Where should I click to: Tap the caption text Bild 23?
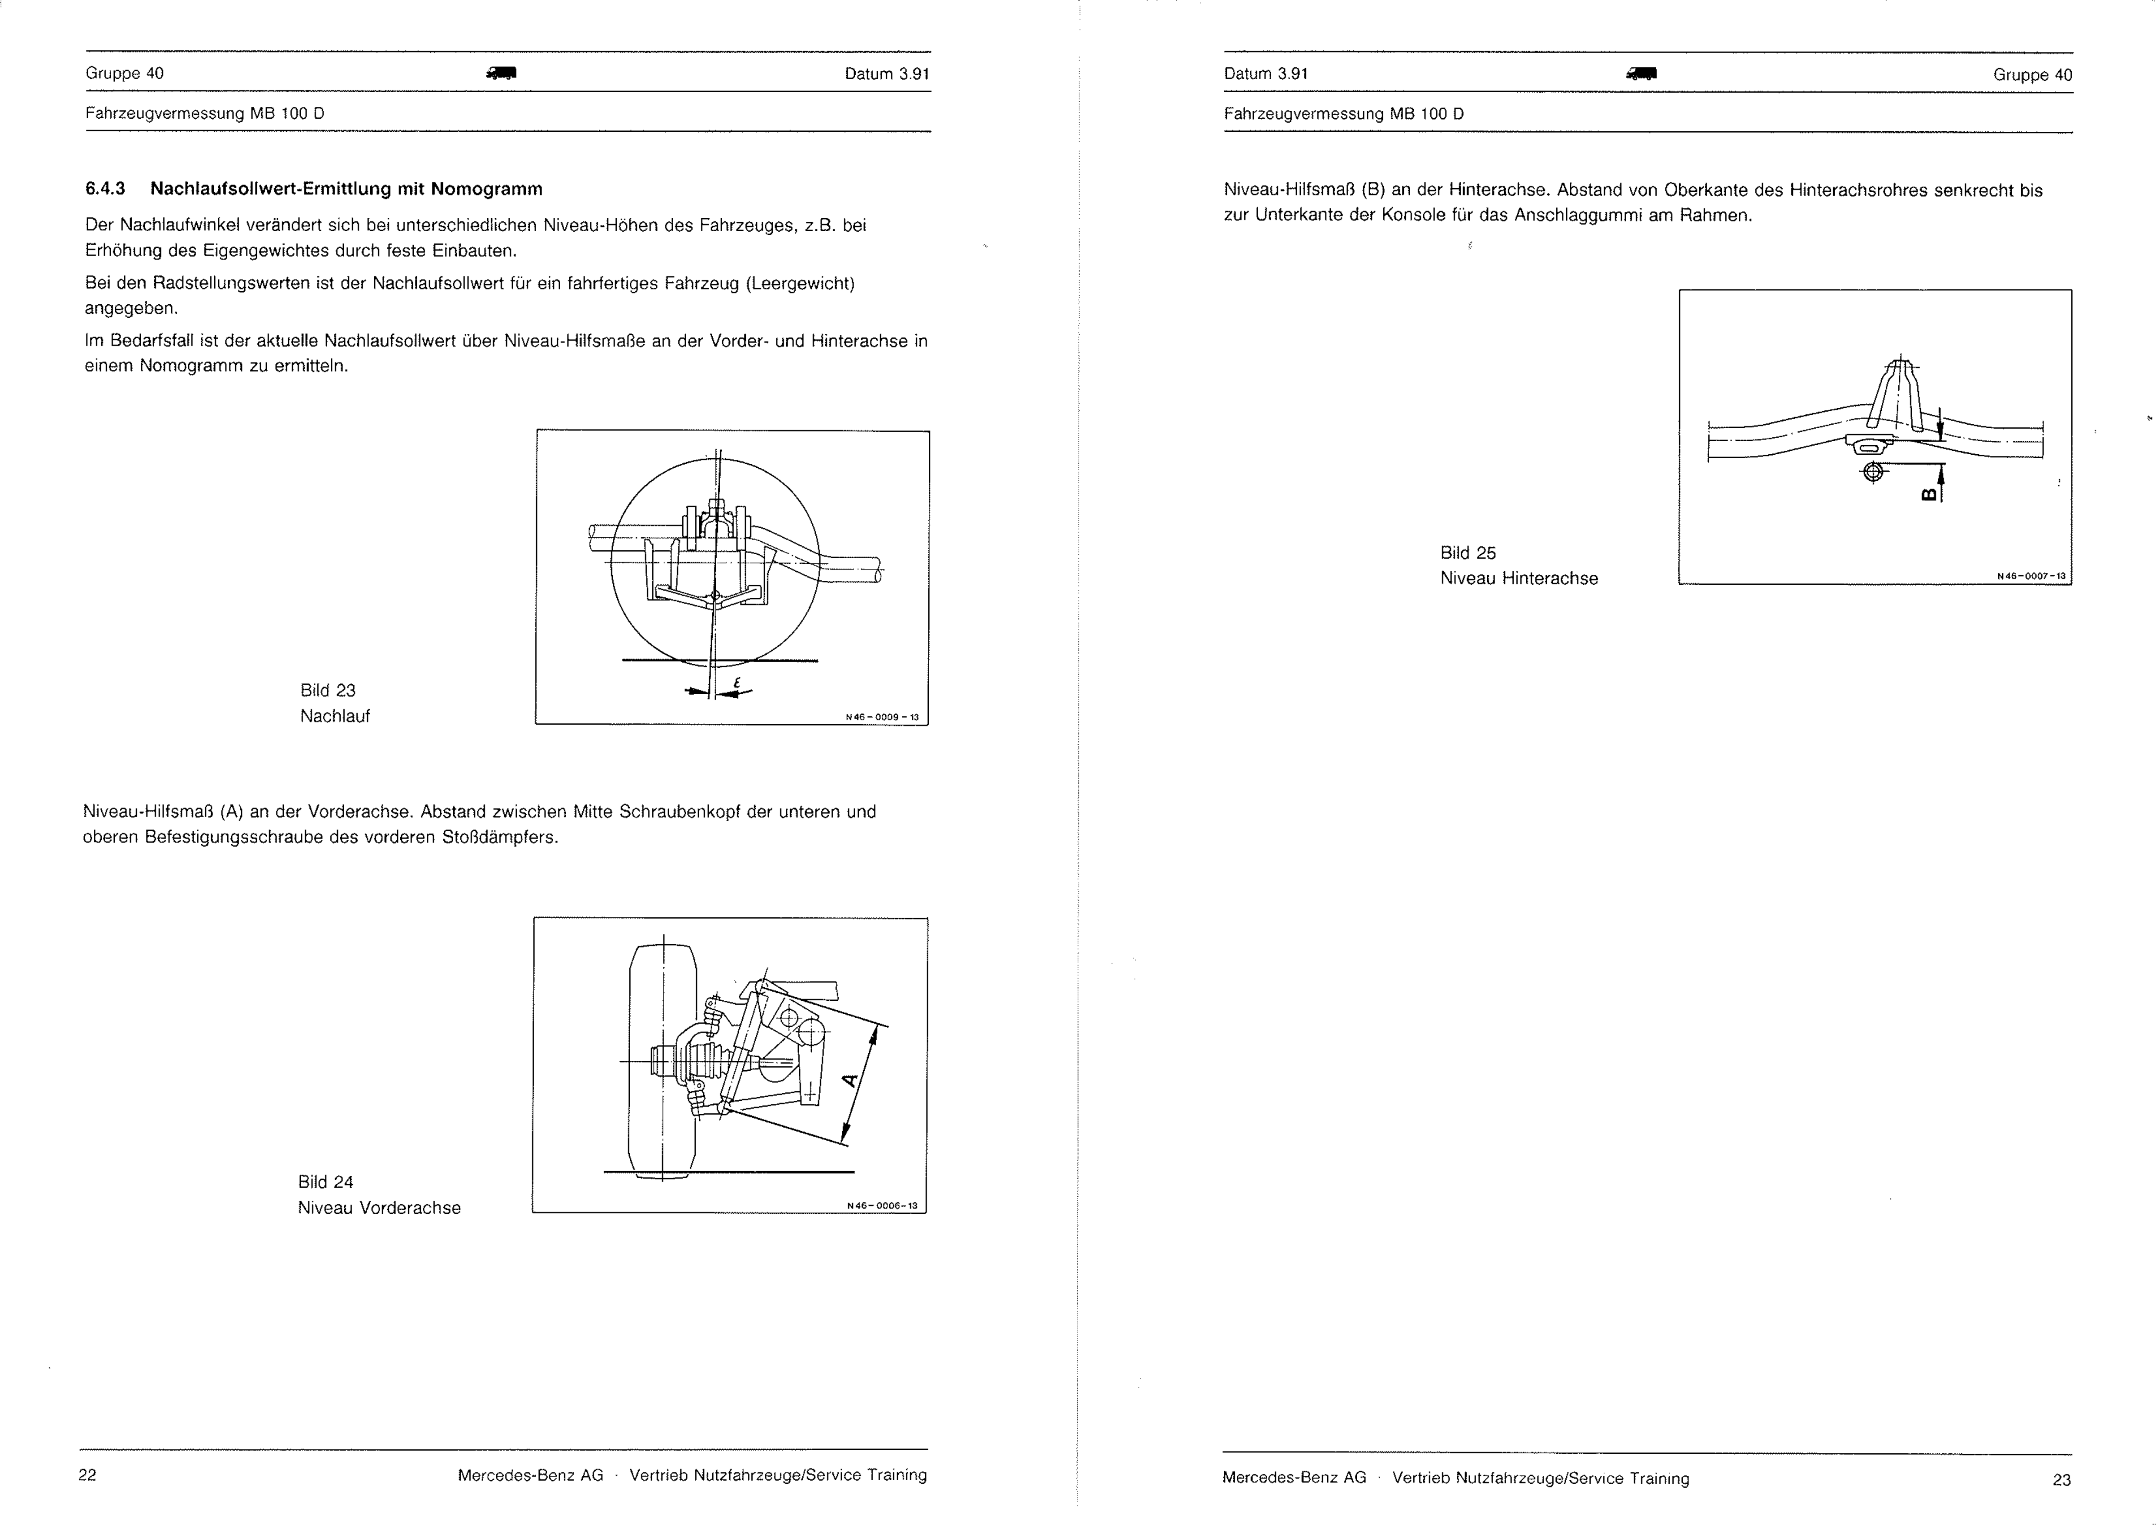coord(328,690)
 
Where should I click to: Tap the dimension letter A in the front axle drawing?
coord(850,1080)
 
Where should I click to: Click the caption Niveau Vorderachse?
coord(379,1208)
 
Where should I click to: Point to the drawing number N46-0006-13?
coord(882,1206)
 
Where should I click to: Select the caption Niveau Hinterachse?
coord(1518,579)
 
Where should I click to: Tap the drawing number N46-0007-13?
coord(2031,576)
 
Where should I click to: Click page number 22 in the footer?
coord(87,1474)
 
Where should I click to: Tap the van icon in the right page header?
coord(1641,73)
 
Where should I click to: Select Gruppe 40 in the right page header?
coord(2032,75)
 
